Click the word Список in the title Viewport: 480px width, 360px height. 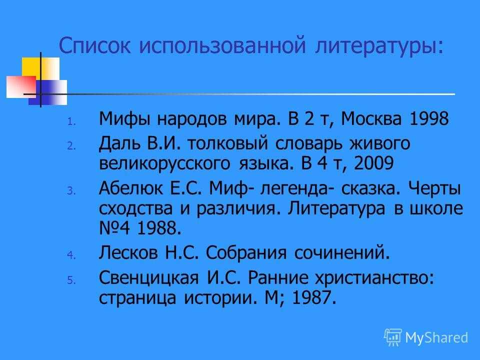94,45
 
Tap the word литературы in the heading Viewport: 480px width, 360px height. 379,46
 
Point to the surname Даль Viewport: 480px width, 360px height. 119,143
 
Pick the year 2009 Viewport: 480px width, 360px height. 373,163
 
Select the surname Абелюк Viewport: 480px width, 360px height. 130,188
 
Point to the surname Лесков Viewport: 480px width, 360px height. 128,253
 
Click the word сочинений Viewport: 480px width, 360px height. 342,253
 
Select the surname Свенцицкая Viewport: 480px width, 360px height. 149,278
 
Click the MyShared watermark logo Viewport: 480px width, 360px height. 426,337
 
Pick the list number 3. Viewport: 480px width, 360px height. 71,190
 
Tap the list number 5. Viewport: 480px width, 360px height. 71,280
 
